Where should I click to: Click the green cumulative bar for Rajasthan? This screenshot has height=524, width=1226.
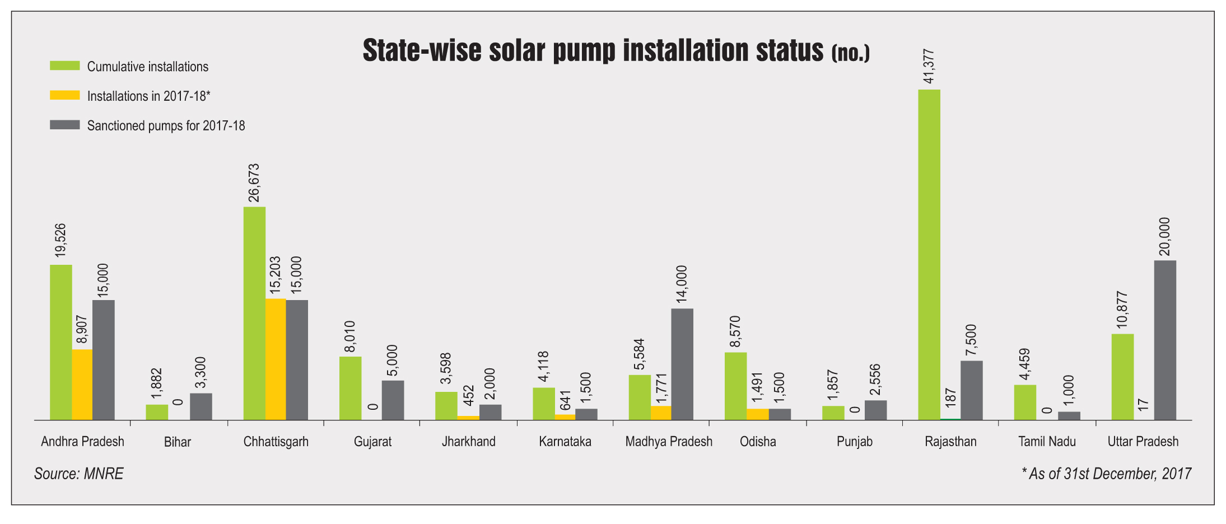coord(929,255)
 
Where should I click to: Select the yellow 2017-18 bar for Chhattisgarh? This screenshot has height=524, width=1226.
coord(276,359)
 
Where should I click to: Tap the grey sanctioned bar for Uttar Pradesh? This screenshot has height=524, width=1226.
coord(1165,340)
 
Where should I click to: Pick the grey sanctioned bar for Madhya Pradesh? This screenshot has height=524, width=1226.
coord(682,364)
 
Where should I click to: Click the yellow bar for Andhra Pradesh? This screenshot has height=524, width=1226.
coord(82,385)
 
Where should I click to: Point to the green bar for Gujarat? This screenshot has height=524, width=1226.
coord(350,389)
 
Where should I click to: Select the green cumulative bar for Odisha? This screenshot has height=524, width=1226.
coord(735,386)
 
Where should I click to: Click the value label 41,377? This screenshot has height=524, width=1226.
coord(929,67)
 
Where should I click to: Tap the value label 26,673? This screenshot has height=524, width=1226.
coord(254,183)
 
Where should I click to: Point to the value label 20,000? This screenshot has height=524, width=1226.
coord(1164,236)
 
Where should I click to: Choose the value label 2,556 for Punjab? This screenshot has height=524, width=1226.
coord(875,379)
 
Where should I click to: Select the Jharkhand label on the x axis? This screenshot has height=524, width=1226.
coord(468,442)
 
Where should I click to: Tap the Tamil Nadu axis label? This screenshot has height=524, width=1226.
coord(1047,442)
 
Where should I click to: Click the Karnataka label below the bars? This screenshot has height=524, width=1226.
coord(565,442)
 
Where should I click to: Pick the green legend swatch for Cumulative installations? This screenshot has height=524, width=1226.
coord(65,66)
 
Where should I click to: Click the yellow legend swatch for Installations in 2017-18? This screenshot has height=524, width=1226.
coord(65,96)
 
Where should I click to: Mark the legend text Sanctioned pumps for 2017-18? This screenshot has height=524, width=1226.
coord(166,125)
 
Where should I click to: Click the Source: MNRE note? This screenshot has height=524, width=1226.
coord(78,474)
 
